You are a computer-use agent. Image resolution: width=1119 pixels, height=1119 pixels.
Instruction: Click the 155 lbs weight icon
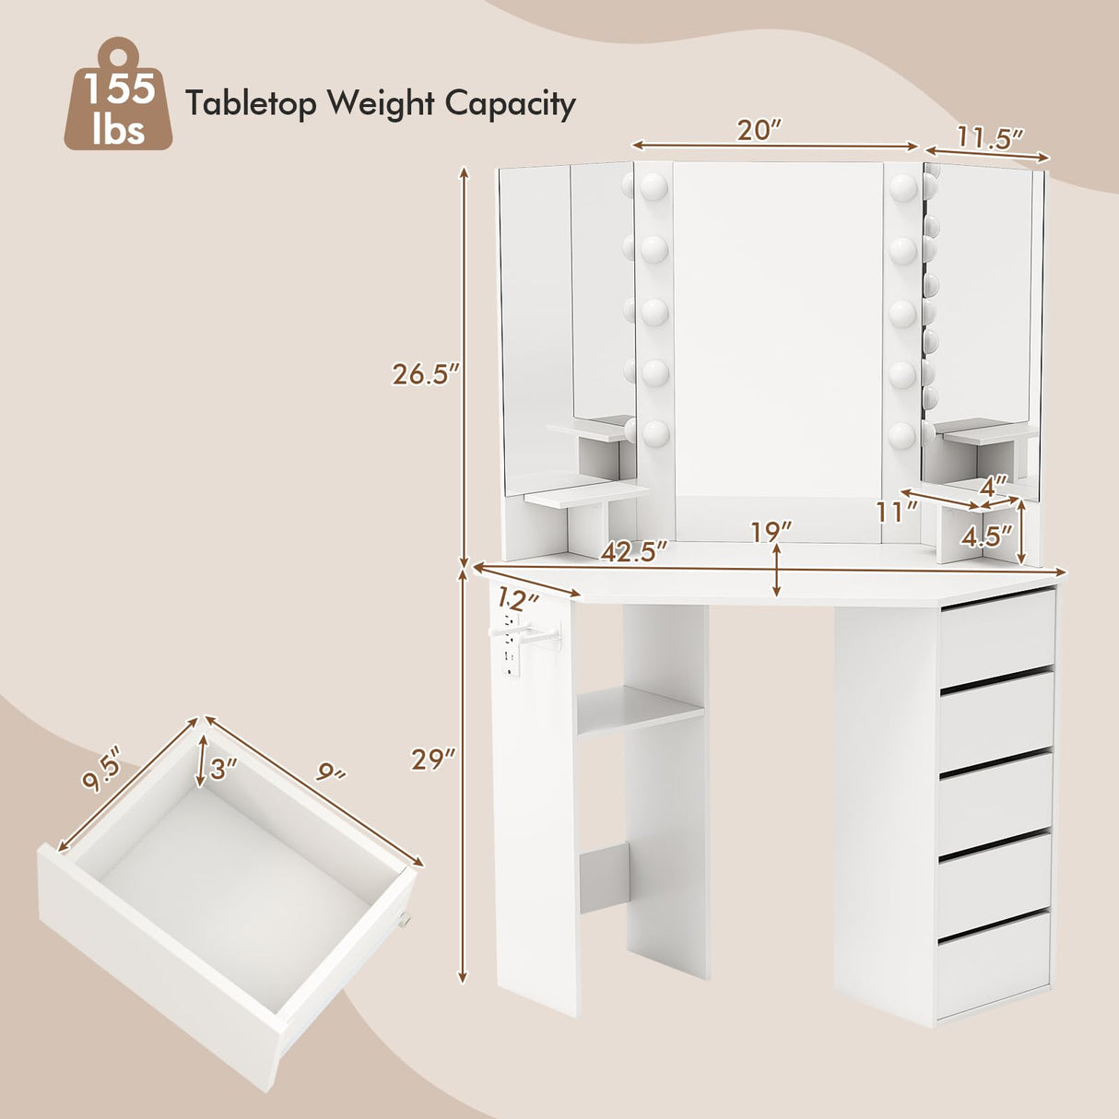(x=117, y=96)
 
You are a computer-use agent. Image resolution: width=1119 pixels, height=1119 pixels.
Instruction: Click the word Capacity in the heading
(x=510, y=103)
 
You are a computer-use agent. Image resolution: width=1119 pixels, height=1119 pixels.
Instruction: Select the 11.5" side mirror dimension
(x=990, y=138)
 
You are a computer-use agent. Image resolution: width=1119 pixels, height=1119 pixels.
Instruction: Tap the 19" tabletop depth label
(x=771, y=532)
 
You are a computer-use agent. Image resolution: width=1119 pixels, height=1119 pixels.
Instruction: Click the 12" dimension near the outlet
(x=519, y=600)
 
